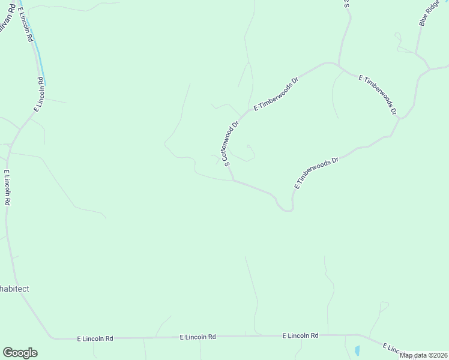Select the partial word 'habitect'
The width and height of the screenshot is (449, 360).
click(14, 289)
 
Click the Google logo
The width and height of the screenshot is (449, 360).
click(20, 353)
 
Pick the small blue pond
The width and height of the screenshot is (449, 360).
click(357, 350)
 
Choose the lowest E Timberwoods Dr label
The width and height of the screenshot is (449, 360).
click(317, 172)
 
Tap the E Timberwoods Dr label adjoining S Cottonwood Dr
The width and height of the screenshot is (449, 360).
click(276, 93)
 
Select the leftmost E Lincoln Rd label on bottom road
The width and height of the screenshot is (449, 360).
click(95, 338)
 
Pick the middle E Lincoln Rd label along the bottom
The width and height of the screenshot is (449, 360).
click(198, 337)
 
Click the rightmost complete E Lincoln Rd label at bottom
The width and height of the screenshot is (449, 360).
click(300, 336)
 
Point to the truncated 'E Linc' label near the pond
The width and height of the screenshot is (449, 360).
click(393, 349)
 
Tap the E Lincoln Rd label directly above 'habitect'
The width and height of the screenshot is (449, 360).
click(7, 188)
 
